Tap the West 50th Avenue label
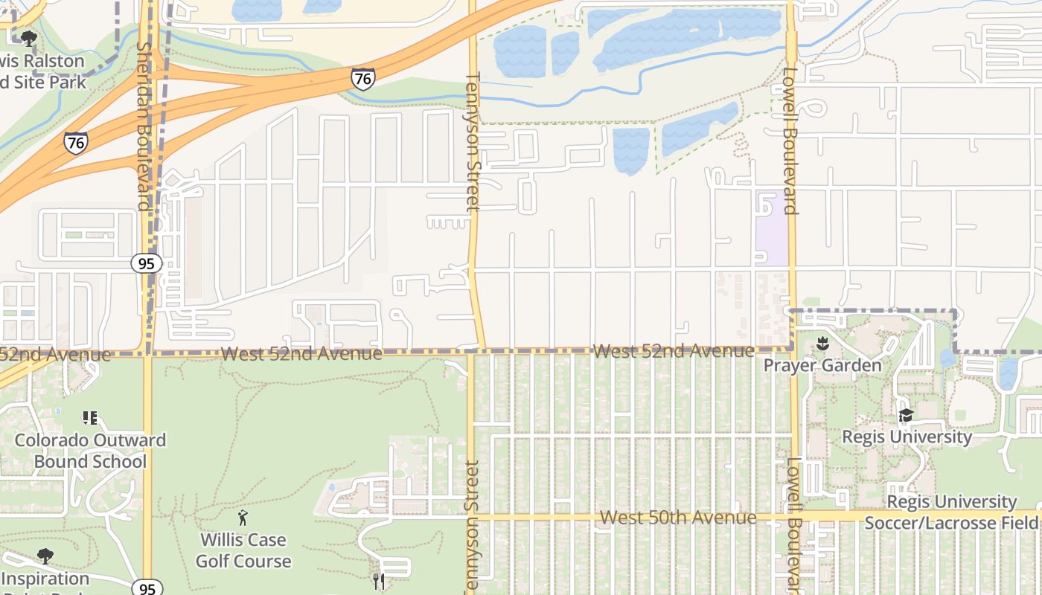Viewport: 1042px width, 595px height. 678,517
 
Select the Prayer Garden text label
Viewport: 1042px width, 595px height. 822,365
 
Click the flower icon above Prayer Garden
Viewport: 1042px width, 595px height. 822,344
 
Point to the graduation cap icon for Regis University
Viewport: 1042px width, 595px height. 906,415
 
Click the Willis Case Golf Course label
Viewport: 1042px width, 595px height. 243,550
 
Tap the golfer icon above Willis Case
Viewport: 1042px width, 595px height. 243,518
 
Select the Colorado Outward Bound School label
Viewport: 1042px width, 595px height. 90,451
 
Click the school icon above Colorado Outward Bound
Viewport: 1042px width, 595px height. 90,417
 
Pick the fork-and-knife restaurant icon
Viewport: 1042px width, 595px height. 380,581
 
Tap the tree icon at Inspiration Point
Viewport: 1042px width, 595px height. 45,556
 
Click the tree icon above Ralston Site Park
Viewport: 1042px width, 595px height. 29,38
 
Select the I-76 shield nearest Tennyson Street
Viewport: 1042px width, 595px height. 362,78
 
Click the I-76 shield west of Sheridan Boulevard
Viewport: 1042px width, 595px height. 75,142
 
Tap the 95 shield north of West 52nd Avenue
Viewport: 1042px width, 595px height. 146,263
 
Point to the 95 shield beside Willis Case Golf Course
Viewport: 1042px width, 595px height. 147,588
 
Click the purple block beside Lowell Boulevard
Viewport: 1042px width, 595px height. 771,227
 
